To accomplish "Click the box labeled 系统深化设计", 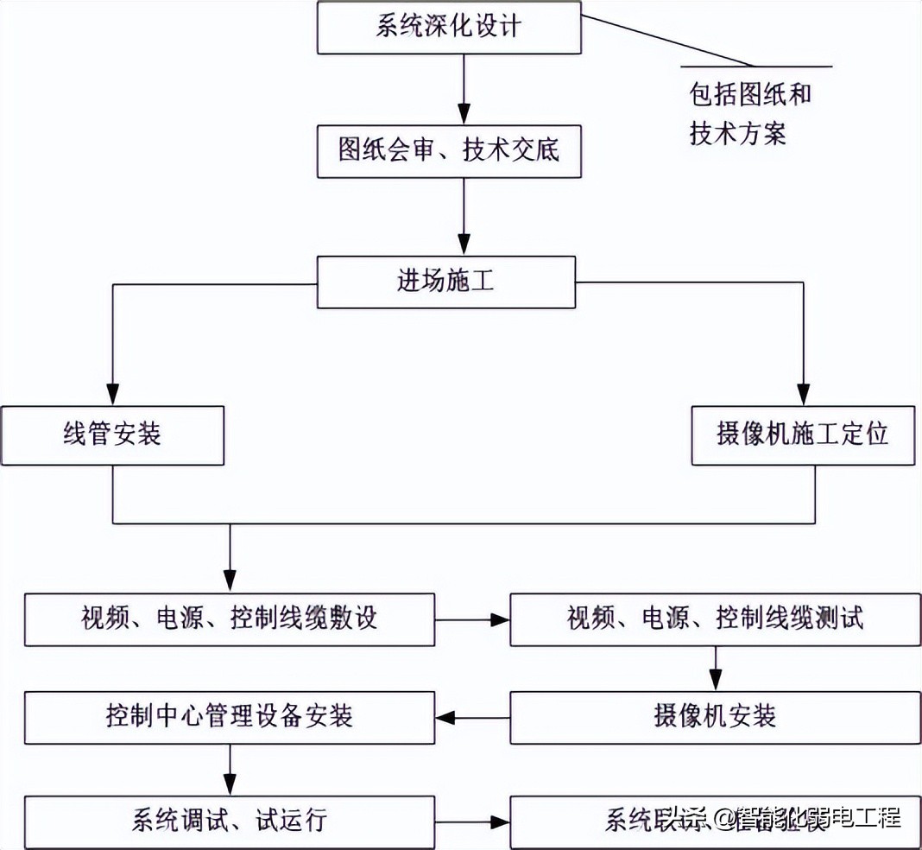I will (x=448, y=27).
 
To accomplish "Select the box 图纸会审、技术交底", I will (x=448, y=151).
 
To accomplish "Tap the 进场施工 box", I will (x=445, y=282).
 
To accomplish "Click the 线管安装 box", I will (x=112, y=435).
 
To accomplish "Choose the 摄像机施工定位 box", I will (x=803, y=435).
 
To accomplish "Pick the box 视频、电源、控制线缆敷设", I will (x=230, y=619).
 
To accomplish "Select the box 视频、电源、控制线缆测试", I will (x=715, y=619).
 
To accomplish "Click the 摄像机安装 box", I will (x=715, y=717).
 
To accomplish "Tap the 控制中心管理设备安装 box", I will (x=230, y=717).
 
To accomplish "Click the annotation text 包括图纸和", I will (x=750, y=94).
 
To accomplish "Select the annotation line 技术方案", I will (x=738, y=134).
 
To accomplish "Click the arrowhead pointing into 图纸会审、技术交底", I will (x=464, y=114).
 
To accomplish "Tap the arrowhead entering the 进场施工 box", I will (x=464, y=244).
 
